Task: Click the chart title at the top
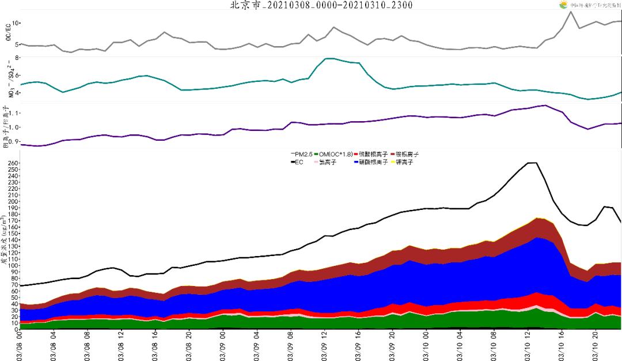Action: coord(321,5)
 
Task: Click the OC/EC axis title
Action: coord(7,32)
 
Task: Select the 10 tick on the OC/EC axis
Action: coord(16,23)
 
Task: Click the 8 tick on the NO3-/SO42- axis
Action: coord(17,58)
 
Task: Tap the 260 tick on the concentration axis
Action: coord(12,163)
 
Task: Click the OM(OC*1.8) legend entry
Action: coord(336,155)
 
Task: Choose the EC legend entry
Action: coord(298,162)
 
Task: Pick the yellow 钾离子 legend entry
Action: coord(403,162)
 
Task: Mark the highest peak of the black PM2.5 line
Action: coord(533,163)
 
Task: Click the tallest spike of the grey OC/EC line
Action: coord(571,12)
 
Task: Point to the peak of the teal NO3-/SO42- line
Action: coord(329,58)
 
